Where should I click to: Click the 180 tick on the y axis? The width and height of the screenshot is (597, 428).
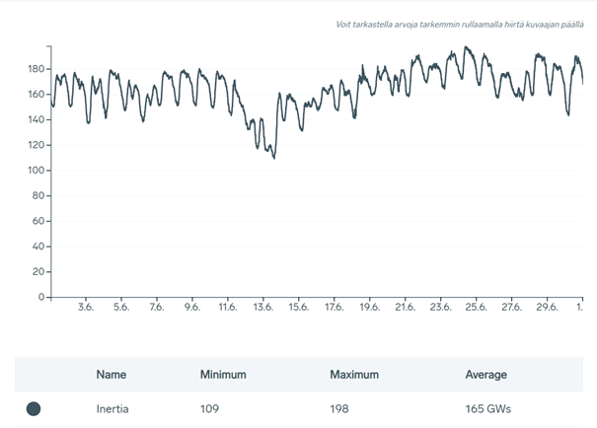pos(37,69)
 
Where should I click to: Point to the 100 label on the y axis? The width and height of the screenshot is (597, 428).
pos(37,171)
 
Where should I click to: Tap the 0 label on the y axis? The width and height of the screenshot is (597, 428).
pos(41,297)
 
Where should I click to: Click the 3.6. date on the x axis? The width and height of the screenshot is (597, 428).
pos(85,308)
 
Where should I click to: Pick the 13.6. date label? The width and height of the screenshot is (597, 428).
pos(263,308)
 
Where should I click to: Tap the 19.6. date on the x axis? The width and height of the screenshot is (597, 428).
pos(369,308)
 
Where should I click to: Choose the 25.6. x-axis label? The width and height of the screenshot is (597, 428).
pos(476,308)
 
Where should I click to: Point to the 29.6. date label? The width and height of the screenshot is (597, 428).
pos(547,308)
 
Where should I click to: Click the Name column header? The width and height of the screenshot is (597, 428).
pos(112,375)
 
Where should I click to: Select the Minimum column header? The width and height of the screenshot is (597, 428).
pos(222,375)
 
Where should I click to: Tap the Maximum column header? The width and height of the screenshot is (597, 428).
pos(355,375)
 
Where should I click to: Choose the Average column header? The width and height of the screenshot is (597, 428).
pos(485,375)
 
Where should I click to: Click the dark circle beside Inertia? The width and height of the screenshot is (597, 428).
pos(33,408)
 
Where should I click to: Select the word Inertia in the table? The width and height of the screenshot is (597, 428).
pos(112,408)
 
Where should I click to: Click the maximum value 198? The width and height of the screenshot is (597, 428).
pos(340,408)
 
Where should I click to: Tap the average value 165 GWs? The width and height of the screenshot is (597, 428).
pos(487,408)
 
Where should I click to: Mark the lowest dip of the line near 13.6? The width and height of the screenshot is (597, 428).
pos(273,158)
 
